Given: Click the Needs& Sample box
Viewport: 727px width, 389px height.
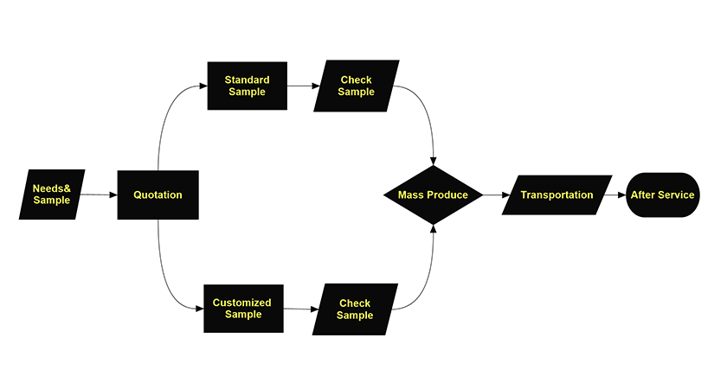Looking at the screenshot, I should coord(52,194).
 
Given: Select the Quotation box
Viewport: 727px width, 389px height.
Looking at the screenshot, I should coord(158,195).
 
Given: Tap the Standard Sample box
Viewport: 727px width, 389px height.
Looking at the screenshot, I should coord(248,86).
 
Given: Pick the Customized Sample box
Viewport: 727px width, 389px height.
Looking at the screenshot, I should coord(242,309).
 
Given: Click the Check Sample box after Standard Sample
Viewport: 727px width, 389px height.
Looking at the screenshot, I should coord(356,86).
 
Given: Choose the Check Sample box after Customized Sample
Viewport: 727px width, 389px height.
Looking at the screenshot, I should coord(355,309).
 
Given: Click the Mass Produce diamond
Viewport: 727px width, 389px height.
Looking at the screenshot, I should coord(433,195).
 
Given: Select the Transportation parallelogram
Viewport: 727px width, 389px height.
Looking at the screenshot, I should coord(557,195).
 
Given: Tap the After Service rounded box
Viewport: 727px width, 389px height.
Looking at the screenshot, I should coord(662,195).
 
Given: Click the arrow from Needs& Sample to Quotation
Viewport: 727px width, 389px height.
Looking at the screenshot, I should coord(98,195).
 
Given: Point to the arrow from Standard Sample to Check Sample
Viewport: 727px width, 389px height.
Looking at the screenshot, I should coord(299,86).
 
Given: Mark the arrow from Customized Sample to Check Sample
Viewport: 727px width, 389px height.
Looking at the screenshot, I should coord(299,309).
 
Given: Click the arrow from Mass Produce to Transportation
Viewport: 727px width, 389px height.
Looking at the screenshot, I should coord(493,195).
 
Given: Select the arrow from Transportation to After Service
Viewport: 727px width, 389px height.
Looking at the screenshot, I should coord(616,195).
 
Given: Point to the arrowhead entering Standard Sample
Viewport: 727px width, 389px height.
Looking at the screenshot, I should coord(203,86).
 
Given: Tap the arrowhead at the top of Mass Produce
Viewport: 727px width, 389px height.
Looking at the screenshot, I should coord(433,160).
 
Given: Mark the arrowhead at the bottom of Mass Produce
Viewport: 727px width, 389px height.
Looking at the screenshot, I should coord(433,231).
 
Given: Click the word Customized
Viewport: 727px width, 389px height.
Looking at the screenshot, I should coord(241,303).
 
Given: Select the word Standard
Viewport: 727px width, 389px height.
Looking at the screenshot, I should coord(248,80).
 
